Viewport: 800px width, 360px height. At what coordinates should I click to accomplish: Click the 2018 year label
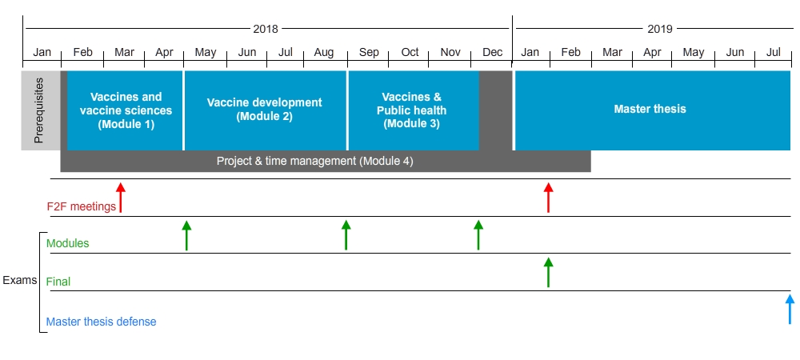pyautogui.click(x=266, y=29)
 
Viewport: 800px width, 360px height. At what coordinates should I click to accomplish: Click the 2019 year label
pyautogui.click(x=660, y=29)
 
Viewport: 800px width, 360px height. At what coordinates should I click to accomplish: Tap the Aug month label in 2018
pyautogui.click(x=324, y=53)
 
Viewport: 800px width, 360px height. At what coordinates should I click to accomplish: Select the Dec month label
pyautogui.click(x=492, y=52)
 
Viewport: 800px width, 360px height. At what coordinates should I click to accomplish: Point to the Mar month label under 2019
pyautogui.click(x=612, y=52)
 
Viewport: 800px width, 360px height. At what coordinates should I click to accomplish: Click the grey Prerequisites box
pyautogui.click(x=41, y=110)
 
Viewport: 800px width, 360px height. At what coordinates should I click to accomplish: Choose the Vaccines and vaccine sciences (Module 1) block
pyautogui.click(x=125, y=110)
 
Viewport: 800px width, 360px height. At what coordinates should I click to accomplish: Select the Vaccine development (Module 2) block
pyautogui.click(x=266, y=110)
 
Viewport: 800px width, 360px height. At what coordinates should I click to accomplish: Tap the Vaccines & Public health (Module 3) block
pyautogui.click(x=414, y=110)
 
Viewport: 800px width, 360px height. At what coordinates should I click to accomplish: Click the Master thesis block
pyautogui.click(x=653, y=110)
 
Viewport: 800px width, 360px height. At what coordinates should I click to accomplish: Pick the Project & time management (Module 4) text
pyautogui.click(x=314, y=161)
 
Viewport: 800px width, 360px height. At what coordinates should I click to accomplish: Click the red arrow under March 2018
pyautogui.click(x=121, y=198)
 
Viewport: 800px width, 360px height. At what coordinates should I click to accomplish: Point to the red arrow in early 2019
pyautogui.click(x=549, y=198)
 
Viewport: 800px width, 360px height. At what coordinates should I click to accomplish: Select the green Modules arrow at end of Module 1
pyautogui.click(x=186, y=235)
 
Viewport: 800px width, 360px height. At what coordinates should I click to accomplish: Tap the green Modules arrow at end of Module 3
pyautogui.click(x=478, y=235)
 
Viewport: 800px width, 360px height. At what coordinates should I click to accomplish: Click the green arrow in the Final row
pyautogui.click(x=549, y=272)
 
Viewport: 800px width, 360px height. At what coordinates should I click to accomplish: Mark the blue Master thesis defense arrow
pyautogui.click(x=790, y=309)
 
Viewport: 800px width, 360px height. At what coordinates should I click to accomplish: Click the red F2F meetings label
pyautogui.click(x=81, y=207)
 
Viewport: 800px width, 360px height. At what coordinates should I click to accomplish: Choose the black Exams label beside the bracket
pyautogui.click(x=20, y=280)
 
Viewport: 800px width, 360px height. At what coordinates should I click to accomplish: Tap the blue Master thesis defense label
pyautogui.click(x=101, y=322)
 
